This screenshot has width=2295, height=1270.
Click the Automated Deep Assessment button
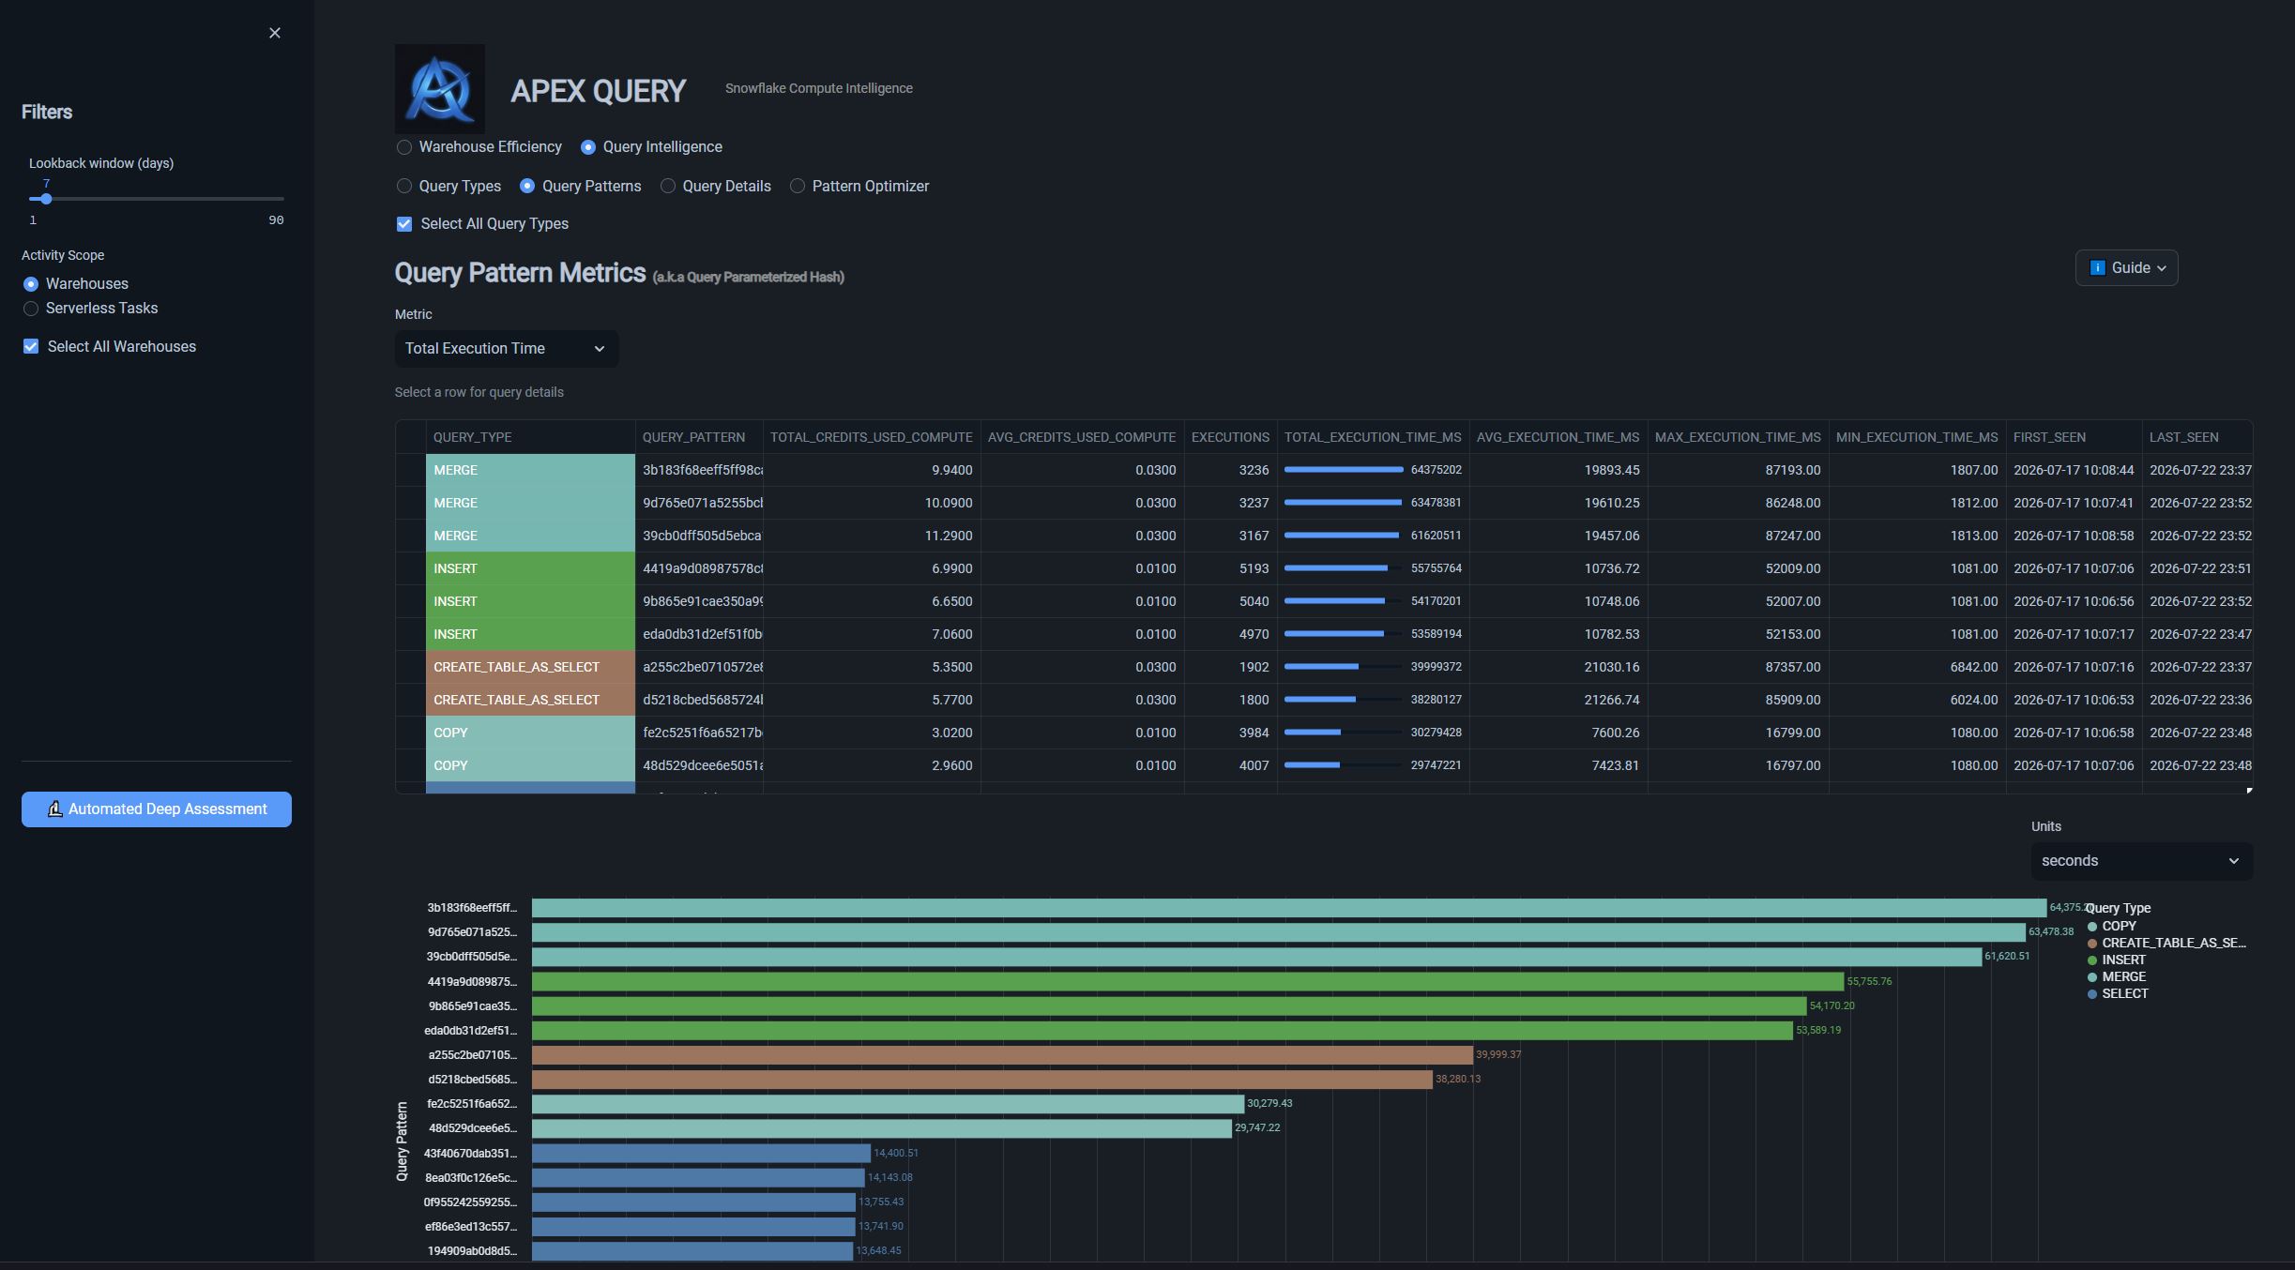click(157, 809)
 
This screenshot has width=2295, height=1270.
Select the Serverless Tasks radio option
click(31, 309)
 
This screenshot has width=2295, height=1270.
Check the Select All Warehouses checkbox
click(31, 347)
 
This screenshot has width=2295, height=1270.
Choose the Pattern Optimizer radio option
click(798, 187)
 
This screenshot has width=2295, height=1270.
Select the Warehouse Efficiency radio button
click(404, 147)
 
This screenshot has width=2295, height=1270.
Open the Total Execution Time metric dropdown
click(507, 349)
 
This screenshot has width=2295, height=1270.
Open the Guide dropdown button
click(2126, 268)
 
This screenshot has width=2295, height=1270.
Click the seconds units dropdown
click(2141, 861)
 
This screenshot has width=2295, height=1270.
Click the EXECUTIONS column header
click(1230, 438)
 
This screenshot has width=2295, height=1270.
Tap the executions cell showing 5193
click(1230, 568)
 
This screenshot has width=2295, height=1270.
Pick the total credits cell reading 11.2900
click(872, 536)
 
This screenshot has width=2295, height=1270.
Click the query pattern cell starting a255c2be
click(699, 667)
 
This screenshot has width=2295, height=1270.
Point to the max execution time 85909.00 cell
click(1738, 700)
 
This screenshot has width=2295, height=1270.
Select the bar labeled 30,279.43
click(888, 1104)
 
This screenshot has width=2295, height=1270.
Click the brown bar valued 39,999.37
click(1002, 1055)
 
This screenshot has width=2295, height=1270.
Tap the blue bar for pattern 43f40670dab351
click(701, 1153)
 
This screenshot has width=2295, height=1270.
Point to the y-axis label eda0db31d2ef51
click(470, 1031)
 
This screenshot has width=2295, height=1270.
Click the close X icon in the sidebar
click(275, 33)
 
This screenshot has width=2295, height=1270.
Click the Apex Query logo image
click(440, 88)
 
